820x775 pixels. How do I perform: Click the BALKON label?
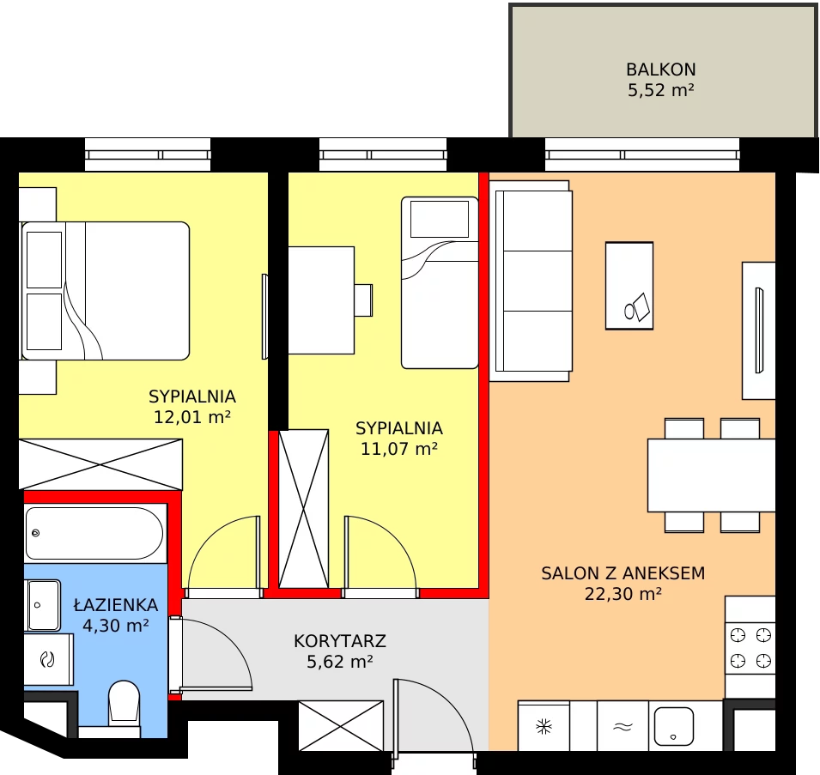[660, 70]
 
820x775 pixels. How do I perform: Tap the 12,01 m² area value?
[192, 417]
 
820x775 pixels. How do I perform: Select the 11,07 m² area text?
[399, 449]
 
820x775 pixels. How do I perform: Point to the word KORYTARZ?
[340, 641]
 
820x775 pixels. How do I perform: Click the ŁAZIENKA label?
[116, 604]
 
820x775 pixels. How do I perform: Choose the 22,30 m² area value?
[623, 594]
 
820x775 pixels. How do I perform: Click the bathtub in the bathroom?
[94, 534]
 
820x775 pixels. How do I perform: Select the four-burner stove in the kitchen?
[750, 648]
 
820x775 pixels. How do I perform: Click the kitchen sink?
[673, 726]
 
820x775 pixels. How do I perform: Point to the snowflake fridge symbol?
[544, 726]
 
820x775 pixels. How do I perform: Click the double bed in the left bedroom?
[105, 291]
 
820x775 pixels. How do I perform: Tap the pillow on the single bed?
[440, 220]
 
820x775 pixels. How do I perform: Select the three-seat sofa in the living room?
[531, 282]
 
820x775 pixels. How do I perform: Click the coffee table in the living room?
[629, 285]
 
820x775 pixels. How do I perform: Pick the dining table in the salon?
[711, 475]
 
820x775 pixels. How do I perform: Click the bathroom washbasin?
[43, 605]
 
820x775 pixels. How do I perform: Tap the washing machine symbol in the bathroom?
[47, 659]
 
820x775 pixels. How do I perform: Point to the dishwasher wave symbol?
[623, 726]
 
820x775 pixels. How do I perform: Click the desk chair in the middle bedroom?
[363, 300]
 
